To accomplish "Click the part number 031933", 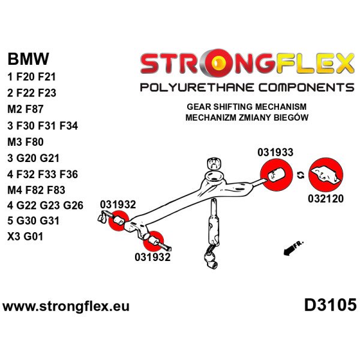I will click(275, 152).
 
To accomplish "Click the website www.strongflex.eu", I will click(66, 307).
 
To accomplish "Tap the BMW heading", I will click(28, 60).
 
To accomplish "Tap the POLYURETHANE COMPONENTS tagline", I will click(247, 88).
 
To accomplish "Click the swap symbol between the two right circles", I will click(300, 175).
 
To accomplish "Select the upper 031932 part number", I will click(118, 204).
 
